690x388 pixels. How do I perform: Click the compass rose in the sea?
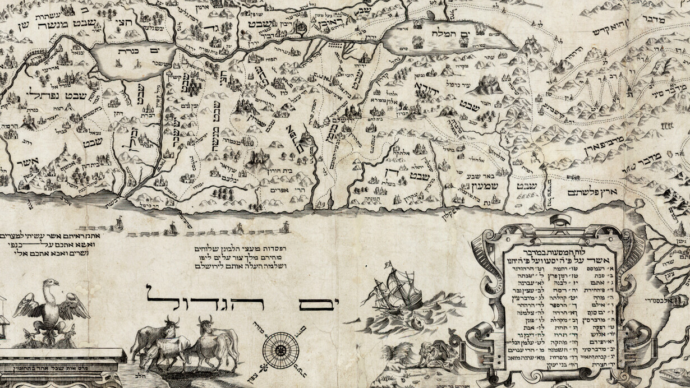coord(280,350)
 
